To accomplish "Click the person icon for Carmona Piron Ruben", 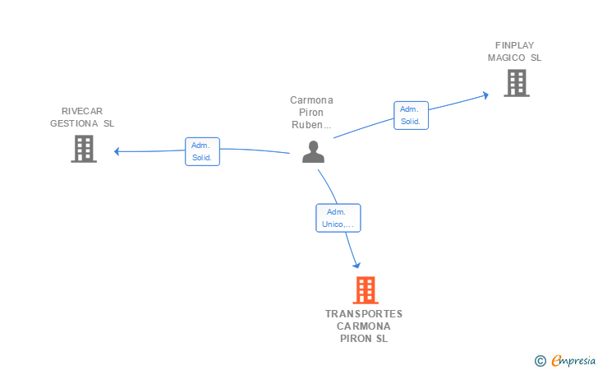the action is point(313,151).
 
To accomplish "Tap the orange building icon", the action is point(366,290).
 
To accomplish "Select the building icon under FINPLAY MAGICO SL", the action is point(517,83).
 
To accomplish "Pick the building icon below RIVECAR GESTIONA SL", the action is point(84,149).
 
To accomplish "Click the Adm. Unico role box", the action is point(338,218).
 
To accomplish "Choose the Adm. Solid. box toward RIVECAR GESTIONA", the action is point(203,151).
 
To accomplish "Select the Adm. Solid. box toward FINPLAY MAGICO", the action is point(411,115).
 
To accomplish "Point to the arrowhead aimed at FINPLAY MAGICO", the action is point(485,95).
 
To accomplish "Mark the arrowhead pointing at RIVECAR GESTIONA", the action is point(117,151).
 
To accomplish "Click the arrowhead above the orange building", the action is point(356,265).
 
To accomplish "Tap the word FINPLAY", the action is point(514,45).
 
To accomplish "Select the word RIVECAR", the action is point(82,111).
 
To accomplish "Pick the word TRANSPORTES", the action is point(364,314).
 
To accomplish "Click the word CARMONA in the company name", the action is point(363,326).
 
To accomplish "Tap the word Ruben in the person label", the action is point(307,125).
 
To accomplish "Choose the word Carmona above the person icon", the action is point(311,100).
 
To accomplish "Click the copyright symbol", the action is point(540,361).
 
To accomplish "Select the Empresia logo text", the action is point(573,360).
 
